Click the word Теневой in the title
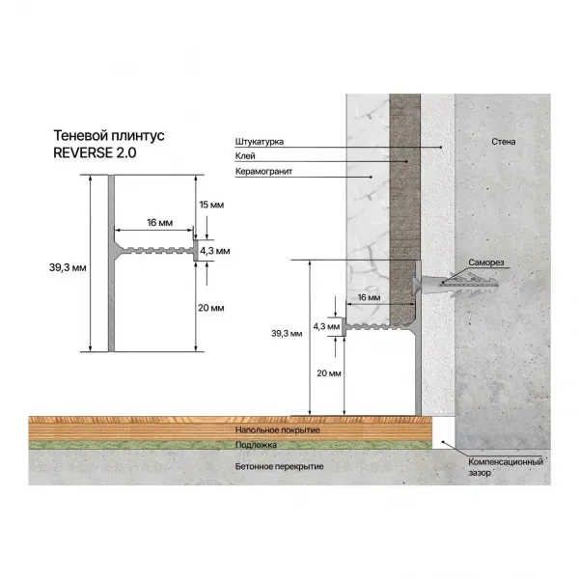pyautogui.click(x=79, y=136)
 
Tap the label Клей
pyautogui.click(x=244, y=157)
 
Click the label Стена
pyautogui.click(x=503, y=143)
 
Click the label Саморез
pyautogui.click(x=487, y=262)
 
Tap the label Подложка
pyautogui.click(x=256, y=445)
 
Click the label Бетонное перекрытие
pyautogui.click(x=279, y=466)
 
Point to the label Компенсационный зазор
pyautogui.click(x=501, y=467)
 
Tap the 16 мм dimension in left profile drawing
pyautogui.click(x=160, y=224)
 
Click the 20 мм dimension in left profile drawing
pyautogui.click(x=210, y=308)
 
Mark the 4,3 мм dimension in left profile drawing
pyautogui.click(x=216, y=250)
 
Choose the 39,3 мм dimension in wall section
pyautogui.click(x=288, y=334)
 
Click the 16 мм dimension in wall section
pyautogui.click(x=368, y=299)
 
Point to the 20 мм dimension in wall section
pyautogui.click(x=328, y=372)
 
